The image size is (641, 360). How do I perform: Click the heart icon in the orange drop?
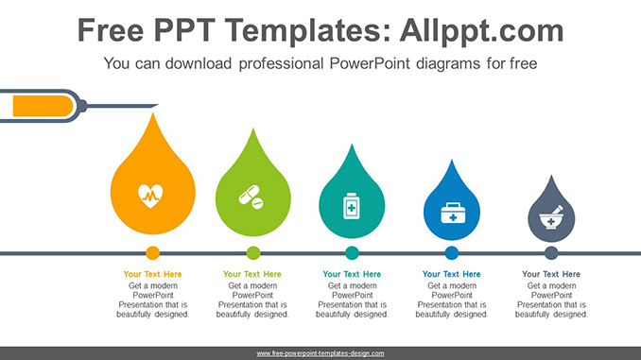(x=152, y=195)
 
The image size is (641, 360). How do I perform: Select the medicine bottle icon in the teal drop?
(x=352, y=205)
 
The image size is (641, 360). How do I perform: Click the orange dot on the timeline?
(x=152, y=253)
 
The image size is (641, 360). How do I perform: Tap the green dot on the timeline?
(x=252, y=253)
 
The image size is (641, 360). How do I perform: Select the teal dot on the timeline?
(x=352, y=253)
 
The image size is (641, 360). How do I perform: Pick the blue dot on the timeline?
(x=452, y=253)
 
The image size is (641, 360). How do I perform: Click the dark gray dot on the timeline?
(x=551, y=253)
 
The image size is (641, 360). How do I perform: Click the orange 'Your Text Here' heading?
(x=152, y=275)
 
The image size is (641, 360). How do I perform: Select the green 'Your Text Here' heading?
(x=252, y=275)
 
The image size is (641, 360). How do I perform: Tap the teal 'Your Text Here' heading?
(x=352, y=275)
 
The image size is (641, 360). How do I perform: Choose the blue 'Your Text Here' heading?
(x=452, y=275)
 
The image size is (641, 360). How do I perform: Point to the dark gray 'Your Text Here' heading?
(x=551, y=275)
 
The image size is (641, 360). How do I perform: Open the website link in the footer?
(x=320, y=353)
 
